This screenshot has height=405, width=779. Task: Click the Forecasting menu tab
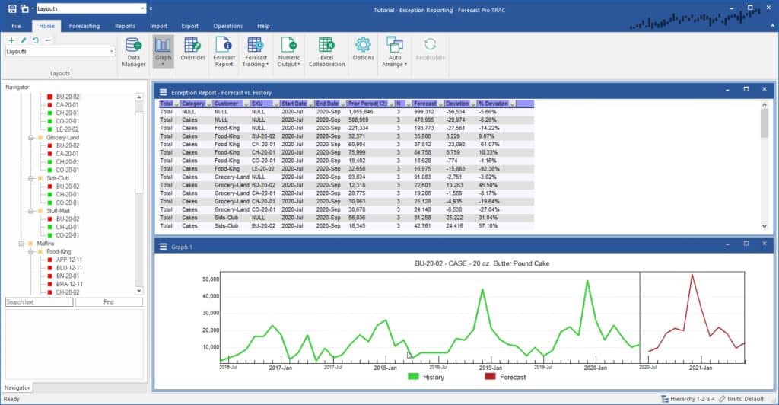[84, 26]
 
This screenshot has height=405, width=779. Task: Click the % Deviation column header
[493, 104]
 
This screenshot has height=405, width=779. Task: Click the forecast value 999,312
[424, 112]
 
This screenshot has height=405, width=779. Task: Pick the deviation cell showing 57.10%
[488, 226]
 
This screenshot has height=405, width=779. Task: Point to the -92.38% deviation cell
[488, 169]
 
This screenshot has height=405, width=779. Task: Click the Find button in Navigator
[109, 302]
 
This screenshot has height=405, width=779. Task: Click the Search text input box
[39, 302]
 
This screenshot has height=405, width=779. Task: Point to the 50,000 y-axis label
[208, 279]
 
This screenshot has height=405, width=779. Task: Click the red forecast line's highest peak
[692, 275]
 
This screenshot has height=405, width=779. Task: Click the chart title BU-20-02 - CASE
[482, 263]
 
